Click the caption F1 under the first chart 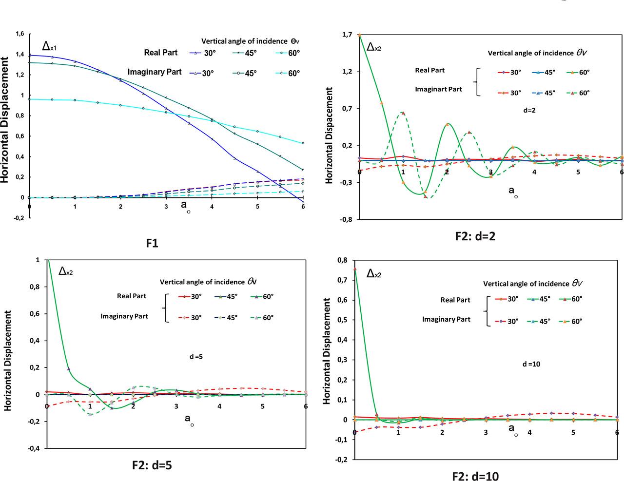pos(152,243)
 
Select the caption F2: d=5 pos(152,464)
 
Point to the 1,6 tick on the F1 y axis pos(19,34)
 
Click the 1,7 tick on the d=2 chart pos(348,35)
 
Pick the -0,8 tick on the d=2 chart pos(347,220)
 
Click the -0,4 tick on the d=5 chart pos(35,448)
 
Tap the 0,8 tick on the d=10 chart pos(343,260)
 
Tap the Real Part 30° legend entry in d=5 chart pos(190,296)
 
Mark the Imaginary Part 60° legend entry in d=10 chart pos(570,321)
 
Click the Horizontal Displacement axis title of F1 pos(5,119)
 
